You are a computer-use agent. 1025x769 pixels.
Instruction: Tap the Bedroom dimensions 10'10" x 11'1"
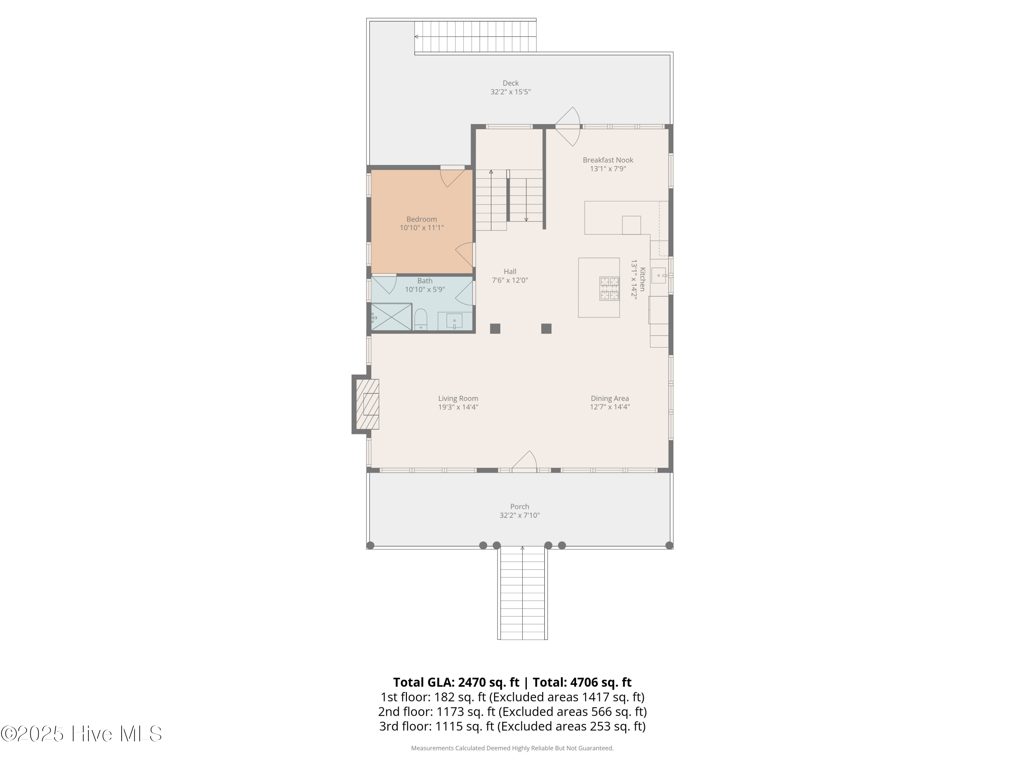tap(422, 228)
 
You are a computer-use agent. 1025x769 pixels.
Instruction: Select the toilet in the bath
tap(420, 319)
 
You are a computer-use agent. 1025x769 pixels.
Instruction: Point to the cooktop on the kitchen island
tap(609, 288)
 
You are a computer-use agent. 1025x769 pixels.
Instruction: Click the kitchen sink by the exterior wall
tap(658, 275)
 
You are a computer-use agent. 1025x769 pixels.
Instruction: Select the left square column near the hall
tap(495, 329)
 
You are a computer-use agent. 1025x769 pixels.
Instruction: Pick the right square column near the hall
tap(546, 329)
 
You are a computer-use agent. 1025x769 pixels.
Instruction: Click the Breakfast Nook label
tap(607, 160)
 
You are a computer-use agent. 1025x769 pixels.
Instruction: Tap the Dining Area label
tap(609, 398)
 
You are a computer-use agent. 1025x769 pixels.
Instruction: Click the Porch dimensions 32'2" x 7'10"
tap(519, 515)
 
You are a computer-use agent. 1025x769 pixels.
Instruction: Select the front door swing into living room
tap(525, 461)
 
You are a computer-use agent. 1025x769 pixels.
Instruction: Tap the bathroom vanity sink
tap(454, 321)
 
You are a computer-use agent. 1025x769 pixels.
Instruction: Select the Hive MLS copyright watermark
tap(81, 734)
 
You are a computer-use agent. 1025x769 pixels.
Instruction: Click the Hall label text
tap(510, 272)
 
